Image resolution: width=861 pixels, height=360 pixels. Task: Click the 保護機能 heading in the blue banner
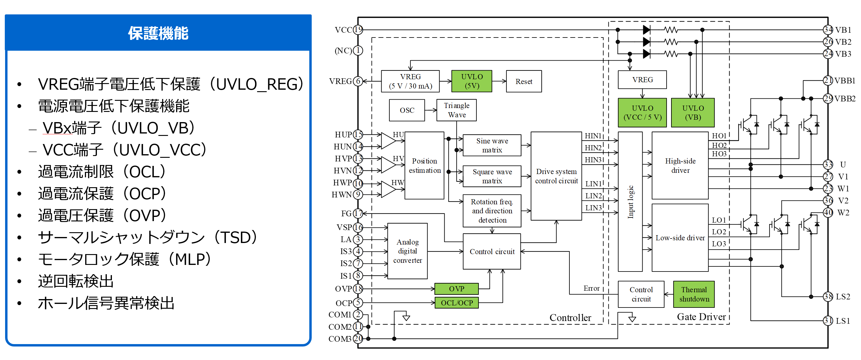pos(158,33)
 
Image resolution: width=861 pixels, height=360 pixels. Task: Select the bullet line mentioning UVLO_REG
pos(170,84)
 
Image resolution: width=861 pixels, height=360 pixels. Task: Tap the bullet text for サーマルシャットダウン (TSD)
pos(147,238)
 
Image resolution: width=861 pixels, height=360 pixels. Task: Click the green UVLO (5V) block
pos(472,81)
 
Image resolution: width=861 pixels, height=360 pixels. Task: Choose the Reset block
pos(524,81)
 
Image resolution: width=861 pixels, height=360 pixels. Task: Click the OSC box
pos(407,110)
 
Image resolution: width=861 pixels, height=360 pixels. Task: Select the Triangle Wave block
pos(457,110)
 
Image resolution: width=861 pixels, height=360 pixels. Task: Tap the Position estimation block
pos(424,166)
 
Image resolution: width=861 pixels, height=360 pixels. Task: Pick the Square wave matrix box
pos(492,176)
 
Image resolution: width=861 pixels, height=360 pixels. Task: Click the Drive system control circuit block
pos(556,176)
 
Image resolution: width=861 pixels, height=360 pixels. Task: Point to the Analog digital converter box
pos(407,251)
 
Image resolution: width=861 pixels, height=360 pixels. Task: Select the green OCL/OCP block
pos(457,303)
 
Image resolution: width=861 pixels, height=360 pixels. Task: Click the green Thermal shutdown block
pos(694,294)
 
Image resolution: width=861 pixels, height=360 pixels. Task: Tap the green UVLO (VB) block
pos(693,112)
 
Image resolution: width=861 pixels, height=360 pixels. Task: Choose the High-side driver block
pos(680,166)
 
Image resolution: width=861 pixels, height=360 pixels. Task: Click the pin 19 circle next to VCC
pos(358,30)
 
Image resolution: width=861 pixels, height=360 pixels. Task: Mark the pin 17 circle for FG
pos(358,213)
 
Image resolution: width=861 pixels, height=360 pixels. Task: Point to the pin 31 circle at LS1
pos(828,321)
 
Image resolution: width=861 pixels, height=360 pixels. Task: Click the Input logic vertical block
pos(630,202)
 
